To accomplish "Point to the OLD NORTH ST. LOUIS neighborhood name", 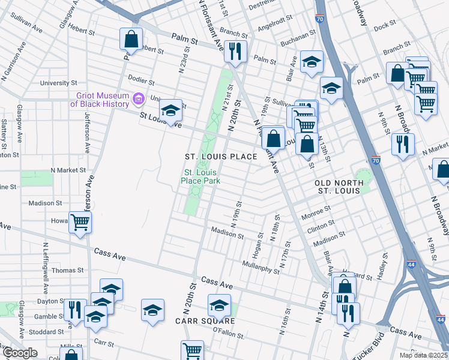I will click(337, 186).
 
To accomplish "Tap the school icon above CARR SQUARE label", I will click(219, 306).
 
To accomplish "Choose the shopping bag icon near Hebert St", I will click(130, 40).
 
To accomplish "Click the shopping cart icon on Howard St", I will click(80, 223).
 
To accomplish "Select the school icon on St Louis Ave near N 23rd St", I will click(170, 111).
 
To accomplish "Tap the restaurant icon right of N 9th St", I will click(402, 145).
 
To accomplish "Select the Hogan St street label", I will click(259, 240).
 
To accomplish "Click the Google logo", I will click(20, 353).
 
